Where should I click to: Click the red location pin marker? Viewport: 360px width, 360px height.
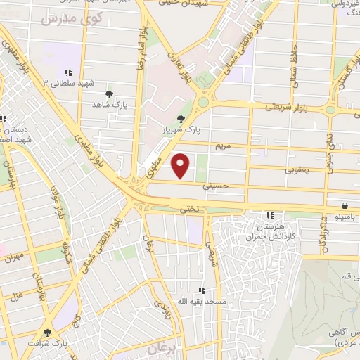point(181,166)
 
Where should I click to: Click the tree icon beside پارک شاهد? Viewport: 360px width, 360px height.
point(108,94)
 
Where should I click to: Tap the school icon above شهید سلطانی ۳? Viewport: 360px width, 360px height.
point(68,72)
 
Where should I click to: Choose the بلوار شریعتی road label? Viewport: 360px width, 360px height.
point(283,107)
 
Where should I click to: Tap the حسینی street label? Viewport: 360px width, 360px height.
point(214,187)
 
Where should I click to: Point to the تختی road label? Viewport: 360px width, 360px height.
point(192,208)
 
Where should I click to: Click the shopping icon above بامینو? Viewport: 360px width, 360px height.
point(345,206)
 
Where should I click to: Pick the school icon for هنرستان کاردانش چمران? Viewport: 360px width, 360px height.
point(270,215)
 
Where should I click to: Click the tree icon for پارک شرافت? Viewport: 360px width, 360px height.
point(48,333)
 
